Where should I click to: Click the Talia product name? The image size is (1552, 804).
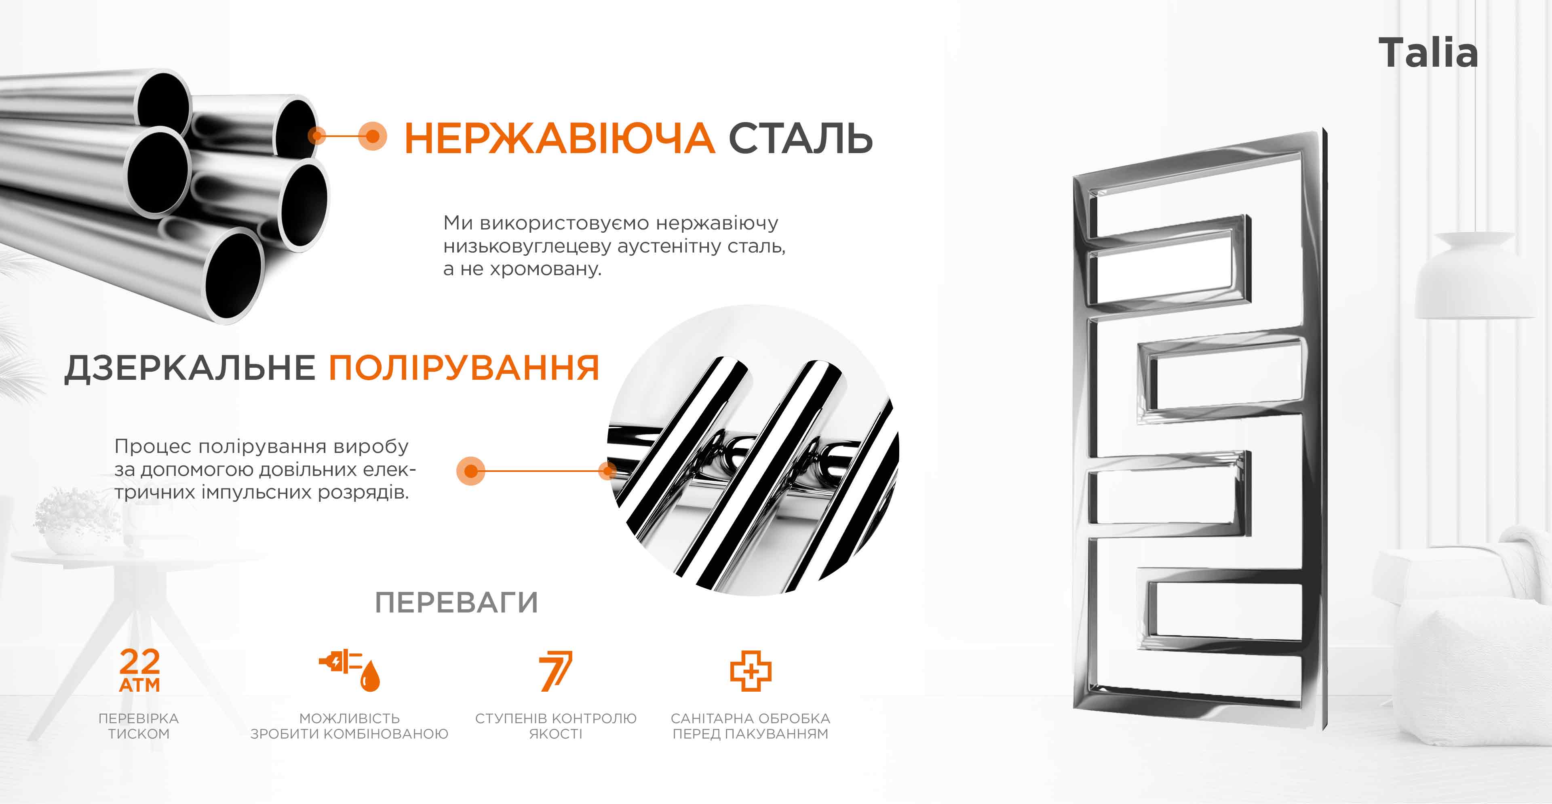(1428, 53)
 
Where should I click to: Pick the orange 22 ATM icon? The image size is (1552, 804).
(140, 670)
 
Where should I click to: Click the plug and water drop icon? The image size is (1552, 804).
(350, 670)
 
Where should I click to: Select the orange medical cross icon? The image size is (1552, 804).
(751, 670)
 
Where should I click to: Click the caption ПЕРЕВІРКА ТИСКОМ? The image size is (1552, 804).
(139, 726)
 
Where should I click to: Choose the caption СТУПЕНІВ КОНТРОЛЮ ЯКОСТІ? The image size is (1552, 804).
(555, 726)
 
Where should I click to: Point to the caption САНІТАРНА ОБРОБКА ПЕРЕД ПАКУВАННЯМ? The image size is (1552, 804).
(751, 726)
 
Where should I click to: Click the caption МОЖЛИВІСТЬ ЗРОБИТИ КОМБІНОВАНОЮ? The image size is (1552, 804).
(350, 726)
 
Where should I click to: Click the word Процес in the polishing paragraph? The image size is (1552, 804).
(153, 447)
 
